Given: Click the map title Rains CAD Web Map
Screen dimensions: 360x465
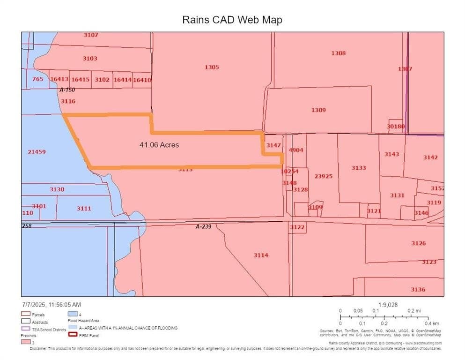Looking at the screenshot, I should click(232, 20).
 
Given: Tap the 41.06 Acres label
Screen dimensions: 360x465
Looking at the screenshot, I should click(159, 145).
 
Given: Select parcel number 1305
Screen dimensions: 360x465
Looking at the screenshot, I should click(212, 67).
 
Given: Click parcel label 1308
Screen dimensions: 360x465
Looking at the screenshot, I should click(338, 53).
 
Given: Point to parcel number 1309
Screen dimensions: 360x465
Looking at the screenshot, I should click(318, 110).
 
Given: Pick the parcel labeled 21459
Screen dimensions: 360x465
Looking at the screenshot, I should click(37, 152).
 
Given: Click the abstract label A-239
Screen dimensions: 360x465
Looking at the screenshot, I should click(204, 227).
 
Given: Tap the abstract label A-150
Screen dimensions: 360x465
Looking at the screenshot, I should click(67, 90).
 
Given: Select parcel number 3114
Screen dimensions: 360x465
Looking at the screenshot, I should click(261, 255).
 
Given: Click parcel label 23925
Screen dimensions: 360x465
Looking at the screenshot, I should click(323, 176).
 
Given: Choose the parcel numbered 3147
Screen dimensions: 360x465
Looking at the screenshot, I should click(273, 145).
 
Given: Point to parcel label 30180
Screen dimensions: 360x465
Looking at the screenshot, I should click(396, 127).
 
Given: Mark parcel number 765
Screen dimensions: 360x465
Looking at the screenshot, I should click(38, 79).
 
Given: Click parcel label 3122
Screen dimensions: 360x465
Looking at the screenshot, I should click(297, 227).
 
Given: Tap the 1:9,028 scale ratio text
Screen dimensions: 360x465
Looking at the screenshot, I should click(388, 305).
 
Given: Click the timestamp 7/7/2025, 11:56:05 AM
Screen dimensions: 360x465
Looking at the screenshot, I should click(51, 305).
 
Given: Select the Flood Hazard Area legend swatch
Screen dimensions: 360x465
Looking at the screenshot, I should click(72, 314).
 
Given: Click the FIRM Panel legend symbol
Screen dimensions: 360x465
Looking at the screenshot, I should click(72, 335).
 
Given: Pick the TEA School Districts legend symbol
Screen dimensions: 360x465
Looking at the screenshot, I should click(25, 329).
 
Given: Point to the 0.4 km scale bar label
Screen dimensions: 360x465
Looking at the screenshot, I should click(432, 323).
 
